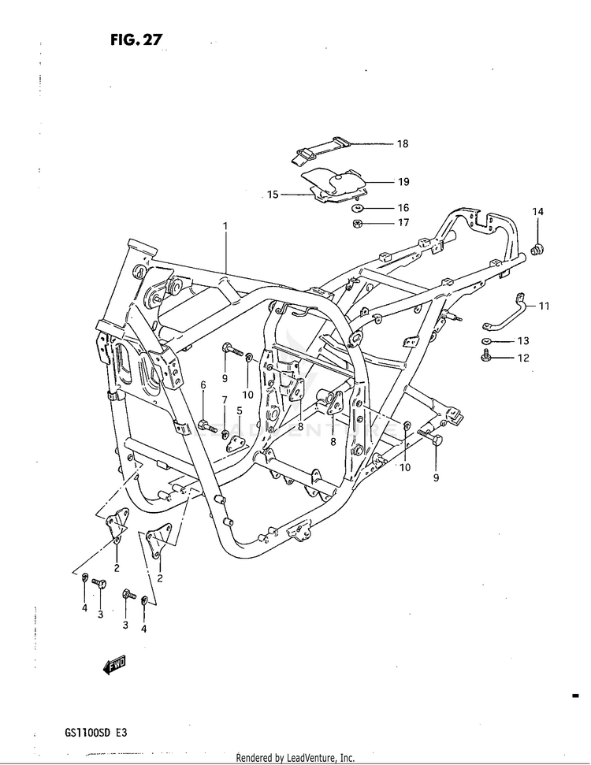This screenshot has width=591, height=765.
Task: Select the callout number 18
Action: [x=402, y=144]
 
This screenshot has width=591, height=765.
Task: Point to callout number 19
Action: [x=403, y=182]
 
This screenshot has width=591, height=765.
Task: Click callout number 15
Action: [x=273, y=195]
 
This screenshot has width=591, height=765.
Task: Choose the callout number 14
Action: [x=537, y=212]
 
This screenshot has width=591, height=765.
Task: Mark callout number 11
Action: [x=544, y=306]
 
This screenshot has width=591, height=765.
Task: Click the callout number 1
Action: [x=225, y=226]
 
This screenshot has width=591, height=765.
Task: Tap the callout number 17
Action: [x=403, y=223]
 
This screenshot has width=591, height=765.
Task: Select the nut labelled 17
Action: [x=356, y=224]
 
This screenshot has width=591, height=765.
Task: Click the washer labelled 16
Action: [x=357, y=209]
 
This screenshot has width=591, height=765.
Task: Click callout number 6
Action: [x=203, y=385]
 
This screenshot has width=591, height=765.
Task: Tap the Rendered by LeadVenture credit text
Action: [x=295, y=758]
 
